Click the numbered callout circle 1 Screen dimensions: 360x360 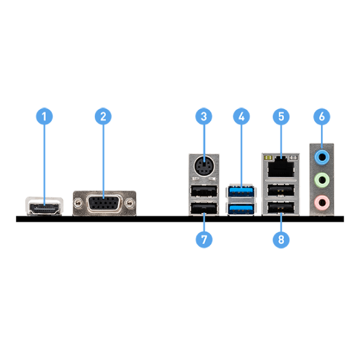pyautogui.click(x=44, y=116)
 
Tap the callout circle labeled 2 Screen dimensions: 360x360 pyautogui.click(x=103, y=116)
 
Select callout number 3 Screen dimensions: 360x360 pyautogui.click(x=203, y=116)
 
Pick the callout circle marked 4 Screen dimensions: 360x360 pyautogui.click(x=241, y=116)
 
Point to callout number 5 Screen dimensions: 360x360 pyautogui.click(x=281, y=116)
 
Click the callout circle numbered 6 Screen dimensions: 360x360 pyautogui.click(x=322, y=116)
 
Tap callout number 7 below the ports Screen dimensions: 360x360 pyautogui.click(x=204, y=239)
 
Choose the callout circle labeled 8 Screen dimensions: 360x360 pyautogui.click(x=281, y=239)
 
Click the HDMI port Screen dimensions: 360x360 pyautogui.click(x=44, y=208)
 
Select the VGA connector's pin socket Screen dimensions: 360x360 pyautogui.click(x=104, y=203)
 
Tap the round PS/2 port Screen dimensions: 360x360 pyautogui.click(x=204, y=166)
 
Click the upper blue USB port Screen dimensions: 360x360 pyautogui.click(x=241, y=191)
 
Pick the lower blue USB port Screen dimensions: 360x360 pyautogui.click(x=241, y=208)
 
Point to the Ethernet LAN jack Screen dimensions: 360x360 pyautogui.click(x=281, y=167)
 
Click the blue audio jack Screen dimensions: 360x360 pyautogui.click(x=322, y=157)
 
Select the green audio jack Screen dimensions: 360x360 pyautogui.click(x=322, y=180)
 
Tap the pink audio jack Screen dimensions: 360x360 pyautogui.click(x=322, y=203)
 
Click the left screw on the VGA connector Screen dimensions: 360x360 pyautogui.click(x=78, y=203)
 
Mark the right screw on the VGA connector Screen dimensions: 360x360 pyautogui.click(x=130, y=203)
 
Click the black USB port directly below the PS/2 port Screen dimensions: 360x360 pyautogui.click(x=204, y=191)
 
